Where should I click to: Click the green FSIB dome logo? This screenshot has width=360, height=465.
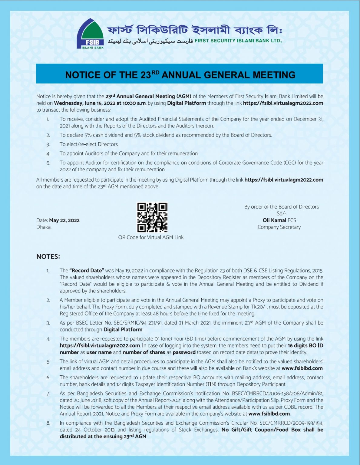point(90,34)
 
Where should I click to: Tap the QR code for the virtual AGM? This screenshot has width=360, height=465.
point(152,217)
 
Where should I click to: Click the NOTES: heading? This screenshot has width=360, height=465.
point(48,257)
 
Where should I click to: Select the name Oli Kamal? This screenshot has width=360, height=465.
point(274,220)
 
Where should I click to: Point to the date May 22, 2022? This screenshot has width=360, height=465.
point(64,220)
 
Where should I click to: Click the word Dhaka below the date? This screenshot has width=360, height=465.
point(44,227)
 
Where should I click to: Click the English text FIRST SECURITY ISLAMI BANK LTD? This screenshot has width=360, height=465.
point(238,41)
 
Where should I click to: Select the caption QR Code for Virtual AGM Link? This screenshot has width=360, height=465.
point(151,237)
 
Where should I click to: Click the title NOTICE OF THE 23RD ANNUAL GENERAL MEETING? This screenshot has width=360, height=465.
point(180,74)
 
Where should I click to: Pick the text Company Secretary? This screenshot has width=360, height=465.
point(279,227)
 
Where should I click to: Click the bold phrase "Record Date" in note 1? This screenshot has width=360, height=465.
point(87,270)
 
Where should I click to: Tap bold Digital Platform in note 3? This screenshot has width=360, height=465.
point(123,329)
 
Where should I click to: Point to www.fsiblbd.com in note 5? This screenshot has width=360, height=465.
point(302,368)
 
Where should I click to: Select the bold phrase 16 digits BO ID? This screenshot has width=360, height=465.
point(305,345)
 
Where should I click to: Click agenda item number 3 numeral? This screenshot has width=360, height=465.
point(48,145)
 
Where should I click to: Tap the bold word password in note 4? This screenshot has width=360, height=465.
point(184,352)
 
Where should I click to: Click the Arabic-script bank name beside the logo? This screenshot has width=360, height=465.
point(150,41)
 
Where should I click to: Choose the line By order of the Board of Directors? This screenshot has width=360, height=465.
point(281,207)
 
